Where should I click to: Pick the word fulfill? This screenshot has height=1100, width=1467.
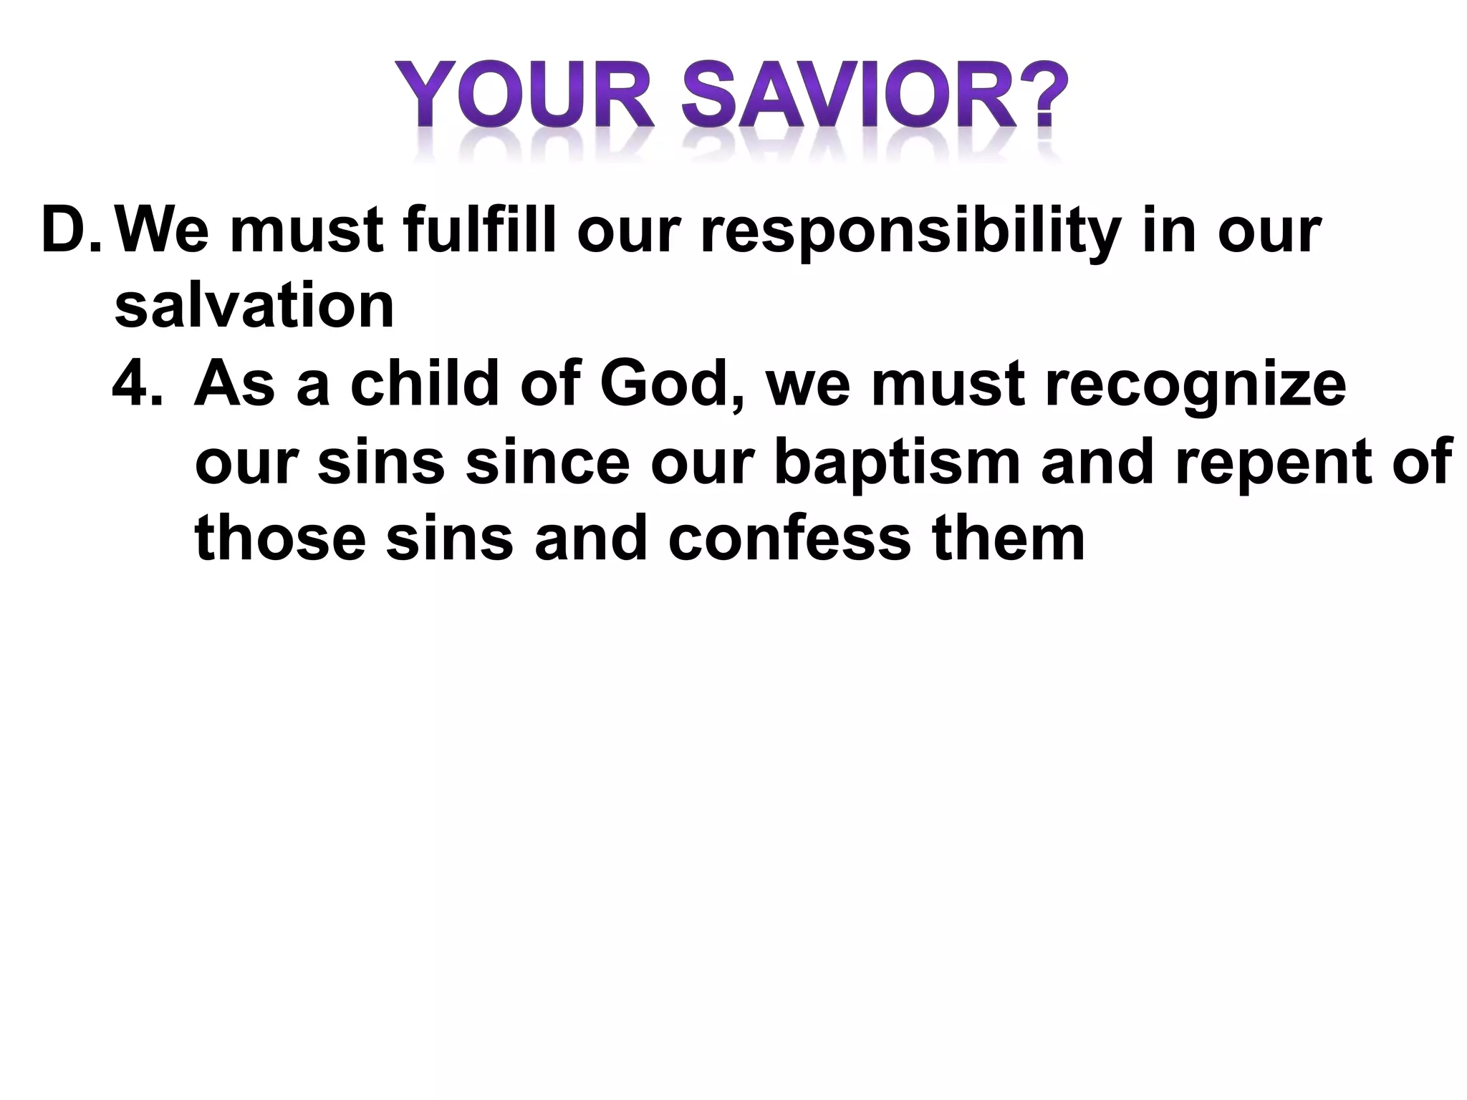(x=479, y=231)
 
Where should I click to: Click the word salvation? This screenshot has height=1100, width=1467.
(x=254, y=306)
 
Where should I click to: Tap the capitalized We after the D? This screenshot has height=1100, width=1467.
(x=162, y=231)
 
